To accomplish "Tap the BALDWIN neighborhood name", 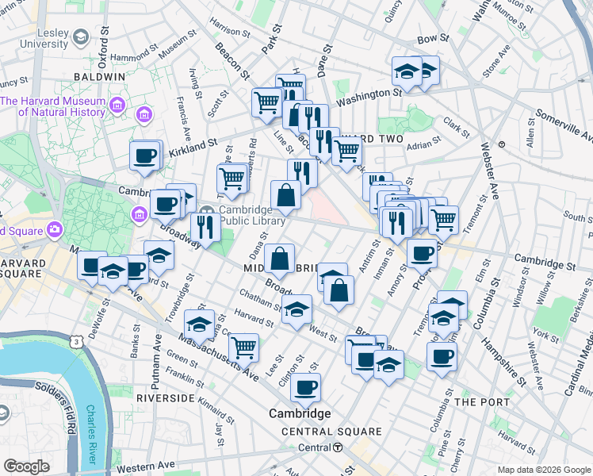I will [x=99, y=76].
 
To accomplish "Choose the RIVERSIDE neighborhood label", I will [x=166, y=397].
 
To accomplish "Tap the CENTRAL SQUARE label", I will [x=332, y=432].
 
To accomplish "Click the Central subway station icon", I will [x=339, y=447].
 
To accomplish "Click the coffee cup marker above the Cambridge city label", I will [x=305, y=388].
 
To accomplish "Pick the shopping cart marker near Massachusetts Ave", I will [x=243, y=346].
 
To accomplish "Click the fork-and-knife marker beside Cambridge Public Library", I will [x=205, y=227].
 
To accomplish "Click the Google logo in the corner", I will [x=27, y=466].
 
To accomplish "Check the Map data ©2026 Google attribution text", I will [x=543, y=470].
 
